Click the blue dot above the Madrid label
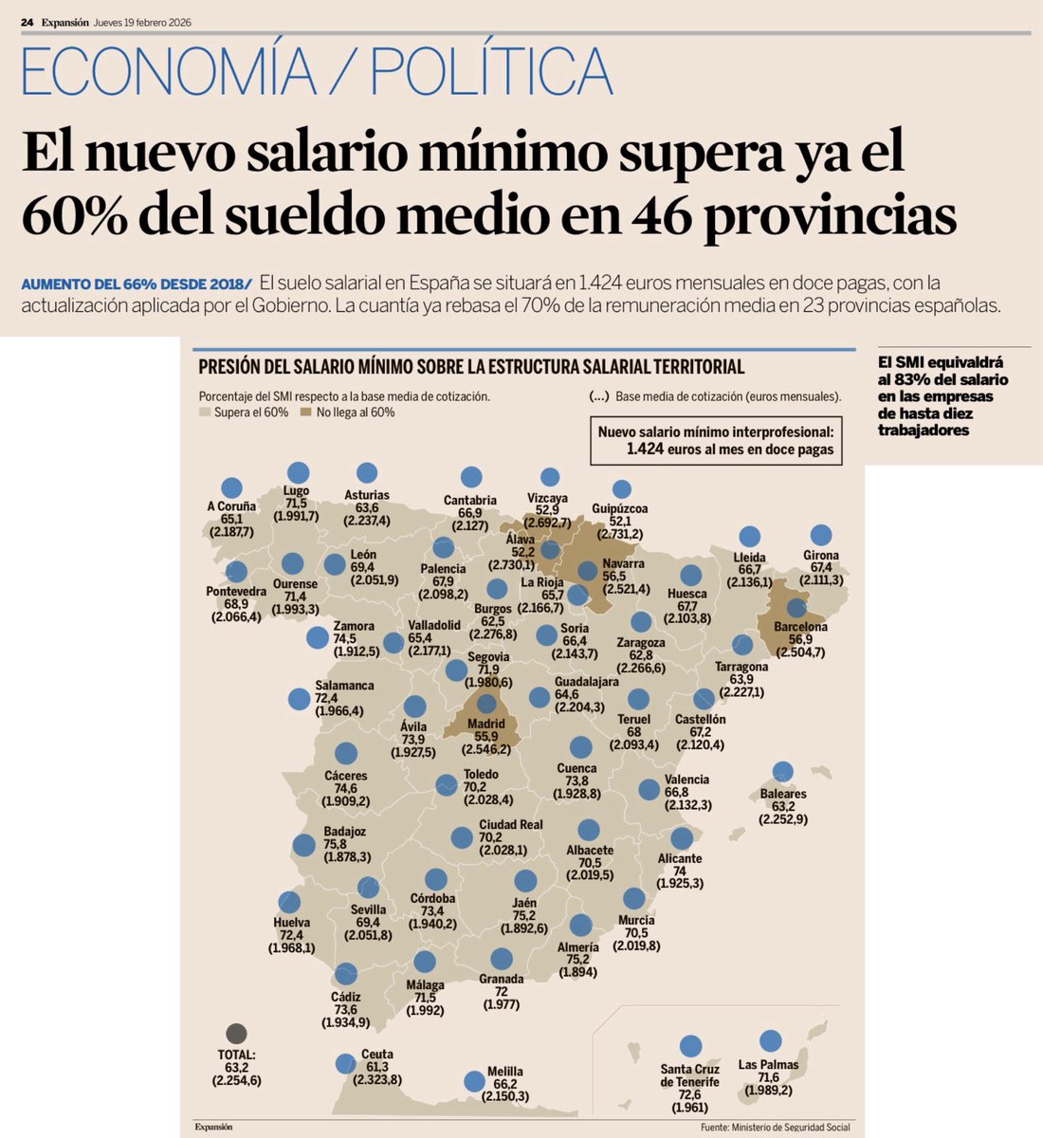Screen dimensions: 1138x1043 point(486,704)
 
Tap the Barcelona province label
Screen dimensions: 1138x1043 point(800,627)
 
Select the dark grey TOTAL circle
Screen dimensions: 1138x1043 point(236,1034)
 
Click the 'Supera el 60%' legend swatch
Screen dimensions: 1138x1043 point(204,413)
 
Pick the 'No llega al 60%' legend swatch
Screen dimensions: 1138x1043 point(305,413)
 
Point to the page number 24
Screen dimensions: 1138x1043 point(27,23)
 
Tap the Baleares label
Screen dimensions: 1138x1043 point(783,794)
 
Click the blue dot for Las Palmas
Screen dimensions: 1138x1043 point(771,1040)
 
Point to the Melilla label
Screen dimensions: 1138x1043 point(504,1072)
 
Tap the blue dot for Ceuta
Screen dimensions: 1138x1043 point(346,1063)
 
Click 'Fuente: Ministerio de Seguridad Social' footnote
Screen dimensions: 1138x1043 point(775,1127)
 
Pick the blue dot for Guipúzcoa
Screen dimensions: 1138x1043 point(621,489)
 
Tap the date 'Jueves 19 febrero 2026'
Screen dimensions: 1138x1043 point(143,23)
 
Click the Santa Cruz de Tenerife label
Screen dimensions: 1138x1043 point(689,1075)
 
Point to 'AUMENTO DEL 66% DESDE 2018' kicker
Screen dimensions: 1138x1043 point(136,284)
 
